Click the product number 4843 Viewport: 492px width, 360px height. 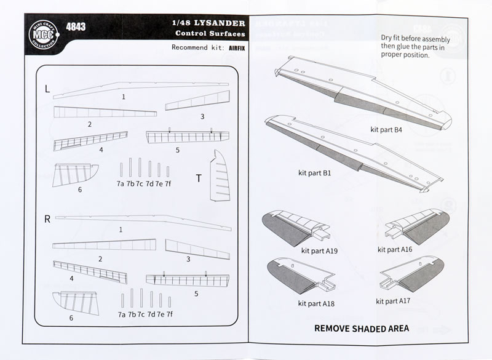tap(76, 27)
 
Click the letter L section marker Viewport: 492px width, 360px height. tap(47, 89)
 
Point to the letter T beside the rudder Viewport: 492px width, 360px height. tap(198, 178)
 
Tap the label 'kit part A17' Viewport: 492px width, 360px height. tap(394, 302)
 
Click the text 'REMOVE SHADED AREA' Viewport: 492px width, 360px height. tap(362, 328)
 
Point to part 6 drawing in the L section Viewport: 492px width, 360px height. tap(75, 177)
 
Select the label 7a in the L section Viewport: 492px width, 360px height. tap(121, 183)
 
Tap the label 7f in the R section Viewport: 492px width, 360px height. tap(169, 314)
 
